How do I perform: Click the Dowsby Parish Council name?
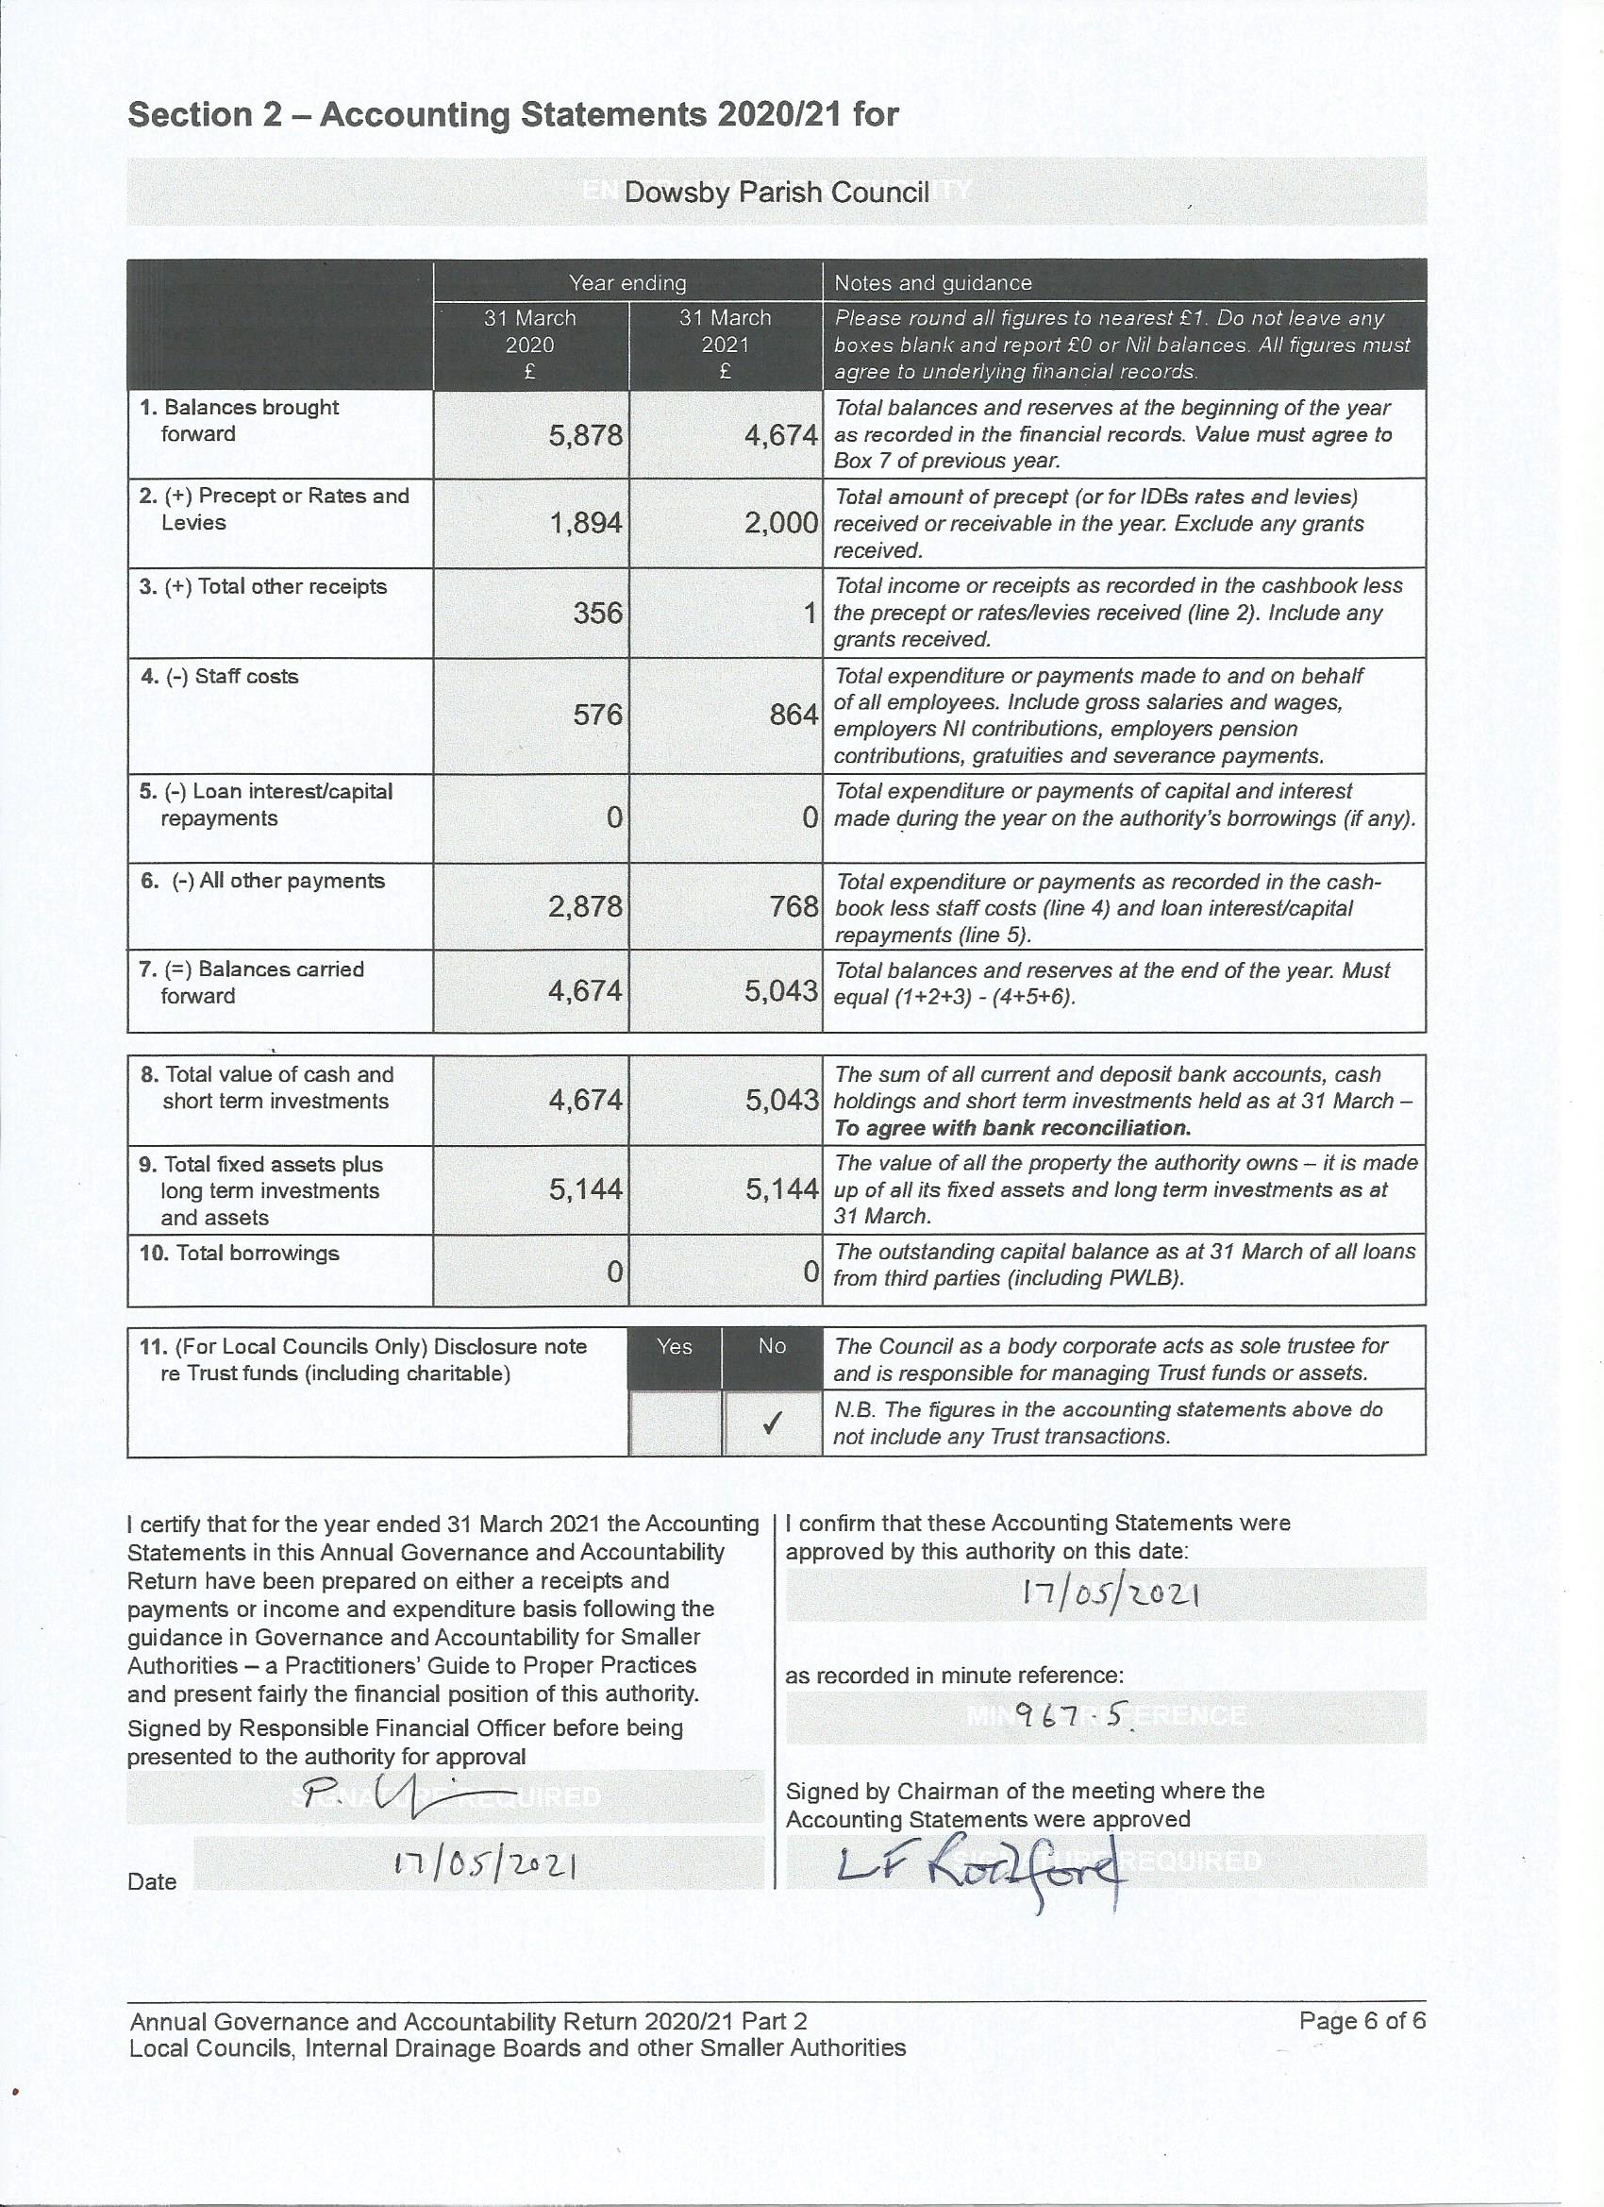pyautogui.click(x=777, y=192)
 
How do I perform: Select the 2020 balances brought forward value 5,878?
pyautogui.click(x=585, y=435)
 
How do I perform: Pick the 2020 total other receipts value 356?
pyautogui.click(x=597, y=613)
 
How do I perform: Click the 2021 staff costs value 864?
pyautogui.click(x=794, y=716)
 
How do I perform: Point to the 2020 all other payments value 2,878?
pyautogui.click(x=585, y=907)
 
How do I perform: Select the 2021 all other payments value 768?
pyautogui.click(x=794, y=907)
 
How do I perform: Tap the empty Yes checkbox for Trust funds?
pyautogui.click(x=675, y=1423)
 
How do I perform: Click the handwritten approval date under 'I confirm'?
pyautogui.click(x=1109, y=1595)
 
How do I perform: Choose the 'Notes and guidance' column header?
pyautogui.click(x=932, y=283)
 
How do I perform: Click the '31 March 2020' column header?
pyautogui.click(x=530, y=345)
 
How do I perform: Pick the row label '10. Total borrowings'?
pyautogui.click(x=240, y=1254)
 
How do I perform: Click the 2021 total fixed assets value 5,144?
pyautogui.click(x=781, y=1189)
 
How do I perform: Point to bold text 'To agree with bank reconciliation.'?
pyautogui.click(x=1011, y=1129)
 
